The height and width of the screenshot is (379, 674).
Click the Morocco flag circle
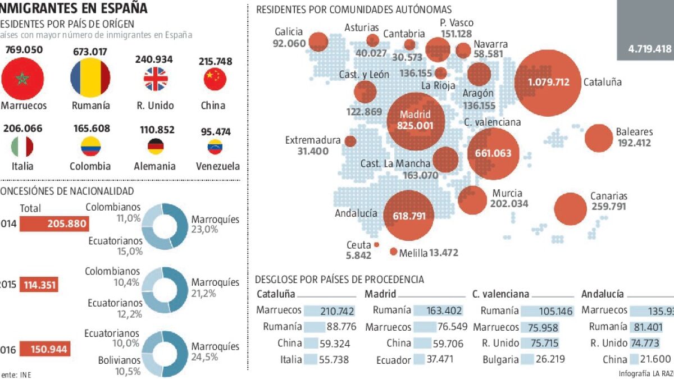(x=22, y=79)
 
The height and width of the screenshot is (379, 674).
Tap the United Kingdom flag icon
(x=156, y=79)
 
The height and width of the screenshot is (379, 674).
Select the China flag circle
(x=215, y=80)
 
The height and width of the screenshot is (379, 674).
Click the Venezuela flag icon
(x=215, y=148)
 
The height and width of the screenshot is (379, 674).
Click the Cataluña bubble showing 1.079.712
(x=548, y=82)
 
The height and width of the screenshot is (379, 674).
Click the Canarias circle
(x=570, y=209)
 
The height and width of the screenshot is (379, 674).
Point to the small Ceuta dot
(x=376, y=245)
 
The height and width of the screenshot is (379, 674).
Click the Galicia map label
(x=289, y=32)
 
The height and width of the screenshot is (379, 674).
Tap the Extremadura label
(x=313, y=140)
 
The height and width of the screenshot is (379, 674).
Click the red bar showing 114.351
(x=39, y=285)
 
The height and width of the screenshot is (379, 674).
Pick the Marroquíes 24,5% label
(x=215, y=351)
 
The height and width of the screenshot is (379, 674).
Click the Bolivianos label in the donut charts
(x=119, y=360)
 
